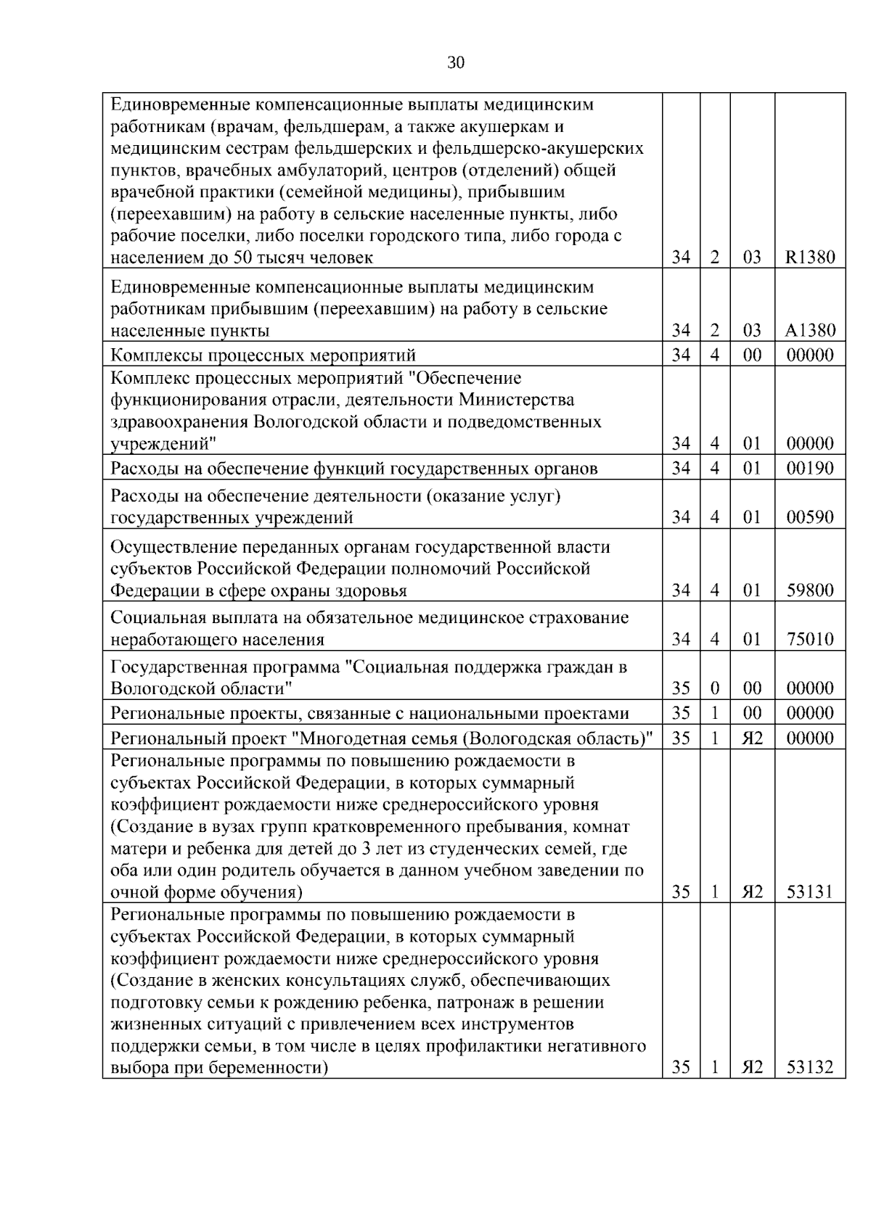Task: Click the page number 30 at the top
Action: (455, 63)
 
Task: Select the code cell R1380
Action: (810, 258)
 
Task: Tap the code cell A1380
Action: (810, 331)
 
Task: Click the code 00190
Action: (810, 468)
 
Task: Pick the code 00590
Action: (810, 517)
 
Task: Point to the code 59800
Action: (810, 590)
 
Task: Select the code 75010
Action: (810, 639)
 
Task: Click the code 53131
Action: (810, 892)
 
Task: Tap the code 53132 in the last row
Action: (810, 1068)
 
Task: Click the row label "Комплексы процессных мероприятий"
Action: (263, 355)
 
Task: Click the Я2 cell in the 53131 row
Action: (752, 892)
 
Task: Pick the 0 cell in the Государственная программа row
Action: (714, 688)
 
